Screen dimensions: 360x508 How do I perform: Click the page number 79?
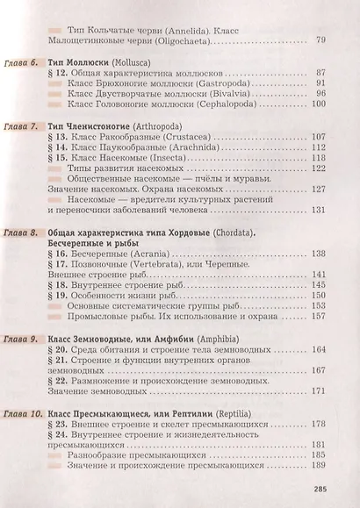[320, 39]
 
